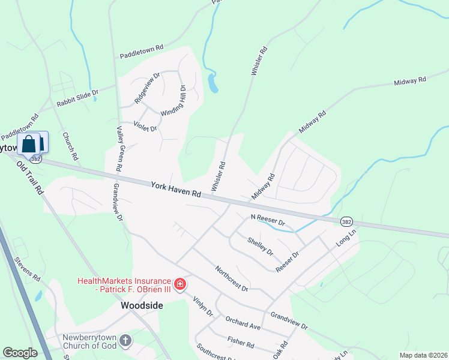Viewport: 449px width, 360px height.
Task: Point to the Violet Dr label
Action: click(x=145, y=127)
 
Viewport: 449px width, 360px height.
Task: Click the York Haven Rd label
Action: click(x=176, y=189)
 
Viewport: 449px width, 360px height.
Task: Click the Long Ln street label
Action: click(x=346, y=238)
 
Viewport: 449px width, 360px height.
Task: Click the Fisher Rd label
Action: click(x=241, y=343)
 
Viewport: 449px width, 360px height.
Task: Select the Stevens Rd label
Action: click(x=28, y=271)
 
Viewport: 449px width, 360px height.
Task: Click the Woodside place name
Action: click(x=142, y=305)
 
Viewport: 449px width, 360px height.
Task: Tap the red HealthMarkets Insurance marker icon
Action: click(x=179, y=283)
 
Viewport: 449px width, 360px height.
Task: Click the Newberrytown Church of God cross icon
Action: click(x=125, y=341)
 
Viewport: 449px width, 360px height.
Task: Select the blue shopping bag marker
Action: click(x=28, y=145)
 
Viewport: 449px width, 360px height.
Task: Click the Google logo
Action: click(x=20, y=353)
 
